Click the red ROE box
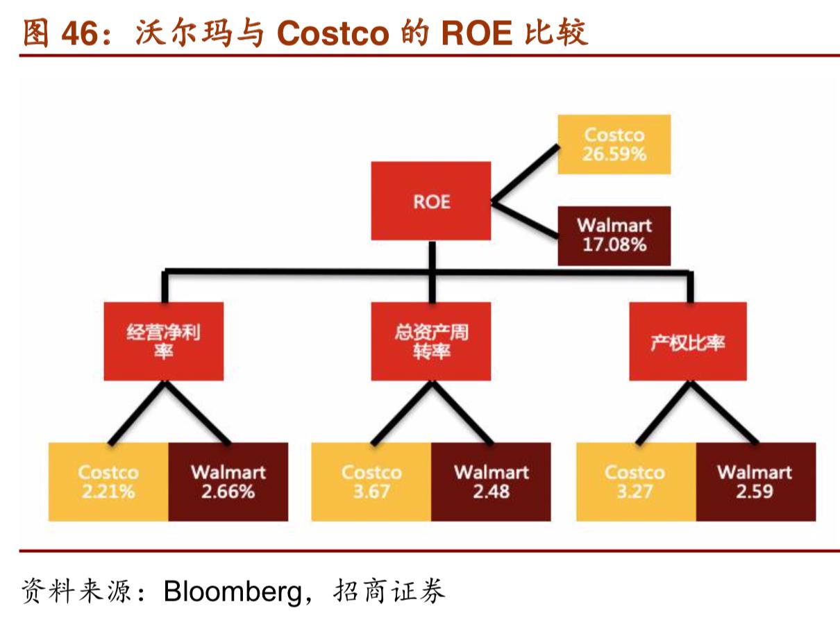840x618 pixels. [430, 201]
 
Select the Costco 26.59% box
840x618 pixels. [614, 144]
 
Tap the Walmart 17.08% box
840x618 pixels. [614, 235]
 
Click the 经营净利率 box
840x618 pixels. [164, 341]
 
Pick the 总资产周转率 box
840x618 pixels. [430, 341]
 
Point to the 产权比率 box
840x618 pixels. [687, 341]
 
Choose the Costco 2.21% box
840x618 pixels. [108, 482]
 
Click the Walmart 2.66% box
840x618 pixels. [228, 482]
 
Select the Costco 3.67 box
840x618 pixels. [371, 482]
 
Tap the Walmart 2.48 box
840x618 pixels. [491, 482]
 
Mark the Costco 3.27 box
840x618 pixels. [635, 482]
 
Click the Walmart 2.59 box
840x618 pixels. [755, 482]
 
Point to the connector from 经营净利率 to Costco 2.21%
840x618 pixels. [136, 412]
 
